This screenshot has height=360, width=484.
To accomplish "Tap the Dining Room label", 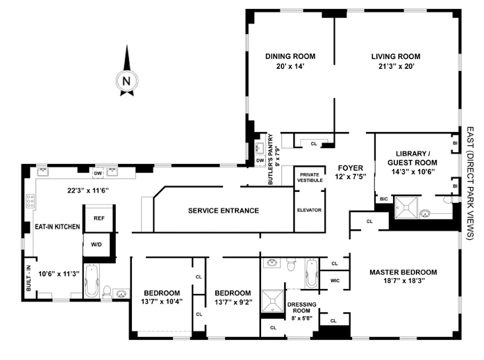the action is point(290,56).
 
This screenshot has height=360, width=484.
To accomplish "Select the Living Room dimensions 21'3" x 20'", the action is point(395,67).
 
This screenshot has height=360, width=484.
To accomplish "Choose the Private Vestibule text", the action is point(310,178).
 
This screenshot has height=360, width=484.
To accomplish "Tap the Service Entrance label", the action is point(224,211).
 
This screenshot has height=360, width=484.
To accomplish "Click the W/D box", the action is point(98,244).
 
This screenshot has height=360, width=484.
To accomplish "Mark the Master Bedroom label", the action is point(403,272).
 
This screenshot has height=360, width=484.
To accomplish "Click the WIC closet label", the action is point(334,280).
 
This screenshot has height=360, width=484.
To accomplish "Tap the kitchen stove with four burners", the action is point(31,202).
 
